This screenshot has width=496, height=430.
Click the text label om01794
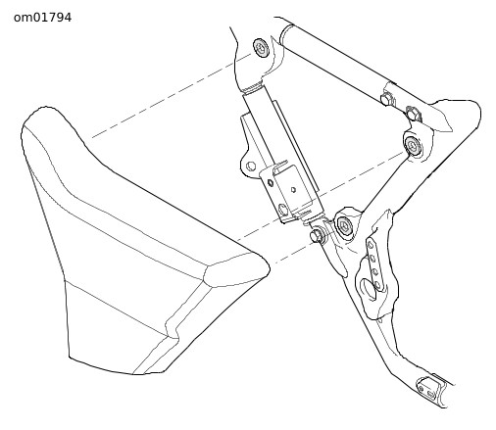point(42,18)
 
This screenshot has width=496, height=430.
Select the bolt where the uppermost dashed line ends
point(261,48)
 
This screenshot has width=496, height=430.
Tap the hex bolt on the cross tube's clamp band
point(387,98)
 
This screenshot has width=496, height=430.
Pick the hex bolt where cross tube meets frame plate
point(413,113)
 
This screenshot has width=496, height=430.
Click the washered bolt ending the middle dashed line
point(413,144)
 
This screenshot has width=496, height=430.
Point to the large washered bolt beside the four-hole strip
point(344,225)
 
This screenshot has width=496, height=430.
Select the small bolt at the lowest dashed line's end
point(316,235)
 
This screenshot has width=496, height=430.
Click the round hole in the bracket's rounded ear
point(250,166)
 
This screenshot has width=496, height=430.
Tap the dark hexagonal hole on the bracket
point(271,182)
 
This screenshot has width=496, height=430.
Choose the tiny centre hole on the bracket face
point(293,189)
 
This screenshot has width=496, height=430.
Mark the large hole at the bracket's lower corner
point(283,210)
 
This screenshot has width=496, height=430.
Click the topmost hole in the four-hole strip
point(371,245)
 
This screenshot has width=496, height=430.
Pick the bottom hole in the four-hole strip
point(378,285)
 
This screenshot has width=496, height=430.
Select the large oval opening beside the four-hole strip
point(368,289)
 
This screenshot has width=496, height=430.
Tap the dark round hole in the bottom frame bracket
point(421,389)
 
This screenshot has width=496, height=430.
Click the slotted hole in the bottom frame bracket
point(431,395)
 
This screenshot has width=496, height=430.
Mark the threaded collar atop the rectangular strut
point(252,87)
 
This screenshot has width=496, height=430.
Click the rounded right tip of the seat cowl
point(267,268)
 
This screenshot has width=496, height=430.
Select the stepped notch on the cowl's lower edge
point(173,328)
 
